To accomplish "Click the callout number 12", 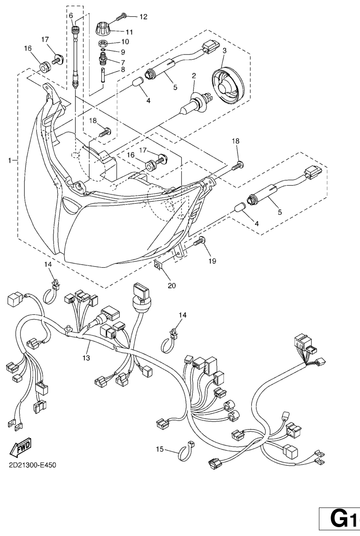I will pyautogui.click(x=143, y=17).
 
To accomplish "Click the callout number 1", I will pyautogui.click(x=9, y=160).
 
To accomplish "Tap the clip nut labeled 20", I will pyautogui.click(x=159, y=265).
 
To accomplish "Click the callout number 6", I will pyautogui.click(x=71, y=15).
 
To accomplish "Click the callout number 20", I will pyautogui.click(x=172, y=285).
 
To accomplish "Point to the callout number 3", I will pyautogui.click(x=224, y=50).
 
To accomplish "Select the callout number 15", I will pyautogui.click(x=160, y=449).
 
